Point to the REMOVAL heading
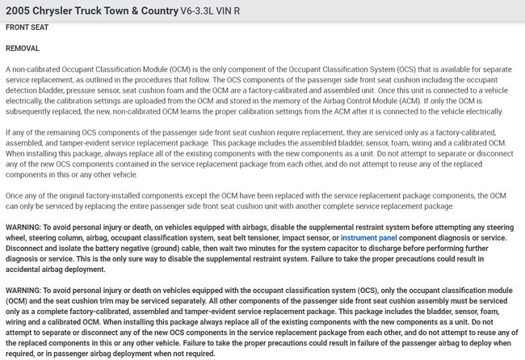click(x=23, y=48)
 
